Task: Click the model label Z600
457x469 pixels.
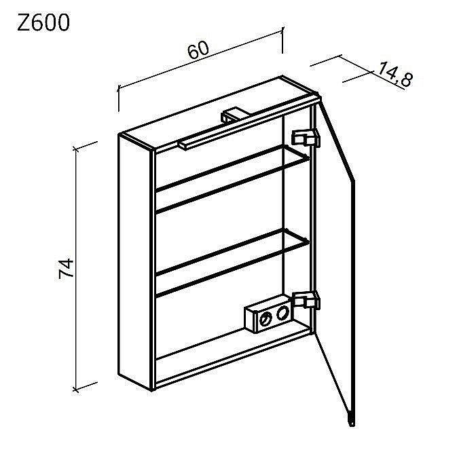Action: coord(43,22)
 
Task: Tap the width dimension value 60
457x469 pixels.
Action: coord(198,50)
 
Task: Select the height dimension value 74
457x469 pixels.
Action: coord(66,268)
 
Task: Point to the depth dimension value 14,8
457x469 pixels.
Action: coord(395,75)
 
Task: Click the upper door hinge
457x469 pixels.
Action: coord(306,138)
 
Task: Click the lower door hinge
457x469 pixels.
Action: coord(306,300)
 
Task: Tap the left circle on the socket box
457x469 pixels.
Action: coord(265,319)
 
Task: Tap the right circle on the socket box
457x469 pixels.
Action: coord(282,313)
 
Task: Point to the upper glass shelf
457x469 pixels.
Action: coord(233,179)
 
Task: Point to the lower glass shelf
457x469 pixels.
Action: coord(233,263)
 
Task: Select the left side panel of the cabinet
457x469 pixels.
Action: coord(136,262)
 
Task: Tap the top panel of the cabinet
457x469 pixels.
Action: coord(219,113)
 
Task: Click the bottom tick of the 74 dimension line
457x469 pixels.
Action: coord(76,390)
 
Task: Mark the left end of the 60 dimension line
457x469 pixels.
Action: coord(119,88)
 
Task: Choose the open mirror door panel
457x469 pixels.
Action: coord(335,257)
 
